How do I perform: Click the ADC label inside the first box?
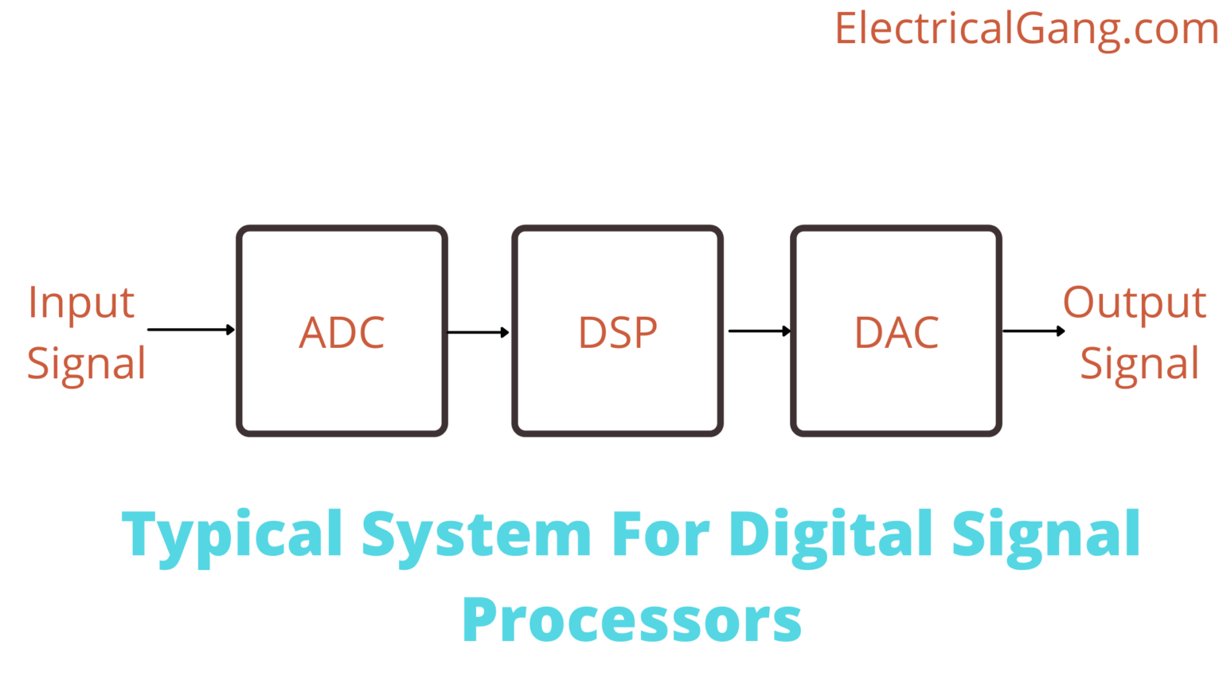(x=342, y=333)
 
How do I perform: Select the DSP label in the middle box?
(x=618, y=333)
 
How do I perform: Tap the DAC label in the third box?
(x=897, y=333)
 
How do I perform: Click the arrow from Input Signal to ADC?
(x=191, y=330)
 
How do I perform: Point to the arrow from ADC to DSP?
(x=479, y=332)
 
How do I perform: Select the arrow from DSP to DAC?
(x=760, y=331)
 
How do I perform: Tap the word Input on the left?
(x=81, y=303)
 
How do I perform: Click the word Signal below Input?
(x=86, y=364)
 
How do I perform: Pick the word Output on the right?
(x=1135, y=303)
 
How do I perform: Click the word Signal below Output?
(x=1139, y=364)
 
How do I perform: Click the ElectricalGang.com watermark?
(x=1026, y=29)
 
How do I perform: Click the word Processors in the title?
(x=631, y=620)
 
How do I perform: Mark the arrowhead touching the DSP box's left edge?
(x=505, y=332)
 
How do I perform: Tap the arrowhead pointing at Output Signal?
(x=1061, y=331)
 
